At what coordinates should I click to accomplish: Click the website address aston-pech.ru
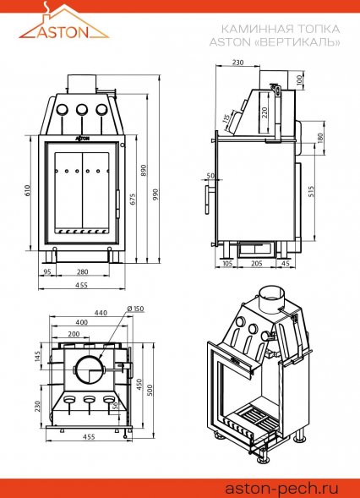(281, 488)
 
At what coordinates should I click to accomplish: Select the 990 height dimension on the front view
(155, 194)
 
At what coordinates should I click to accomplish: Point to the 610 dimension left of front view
(28, 190)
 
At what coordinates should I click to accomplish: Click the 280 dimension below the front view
(83, 272)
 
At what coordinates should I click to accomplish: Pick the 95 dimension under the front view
(47, 272)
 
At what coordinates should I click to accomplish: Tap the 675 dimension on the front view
(133, 200)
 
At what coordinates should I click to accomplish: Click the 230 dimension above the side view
(237, 63)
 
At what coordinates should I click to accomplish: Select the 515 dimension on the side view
(311, 191)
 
